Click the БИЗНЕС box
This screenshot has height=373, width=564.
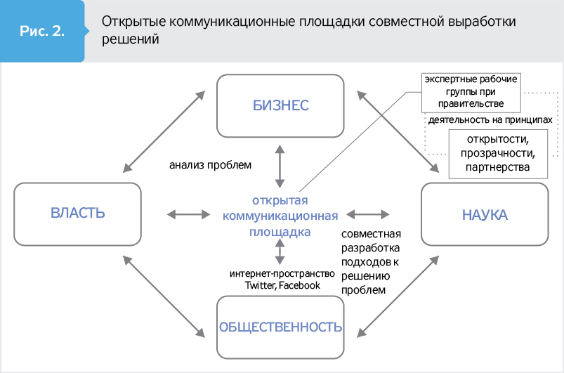point(280,105)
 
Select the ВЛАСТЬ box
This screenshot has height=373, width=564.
point(77,214)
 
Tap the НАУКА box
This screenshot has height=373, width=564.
point(484,214)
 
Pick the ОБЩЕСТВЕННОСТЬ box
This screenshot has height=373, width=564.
point(280,327)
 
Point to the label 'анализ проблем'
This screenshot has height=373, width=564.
point(210,166)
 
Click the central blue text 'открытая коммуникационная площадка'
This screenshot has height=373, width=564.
point(280,215)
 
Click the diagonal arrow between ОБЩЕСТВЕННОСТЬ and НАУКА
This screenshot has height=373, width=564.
point(398,295)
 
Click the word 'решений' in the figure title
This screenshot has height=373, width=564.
point(130,40)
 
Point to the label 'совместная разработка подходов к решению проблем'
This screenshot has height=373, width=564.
point(370,262)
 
